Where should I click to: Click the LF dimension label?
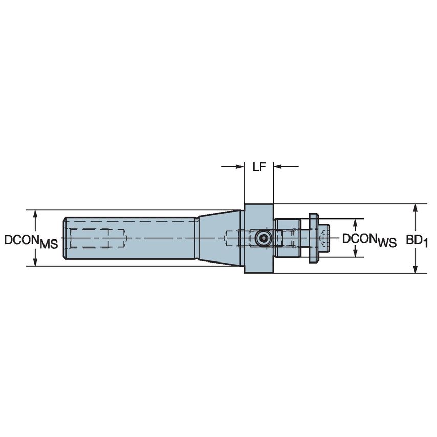tap(258, 167)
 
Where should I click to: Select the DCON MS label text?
tap(31, 241)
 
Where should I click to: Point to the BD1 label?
tap(417, 239)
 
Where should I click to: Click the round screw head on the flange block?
tap(263, 238)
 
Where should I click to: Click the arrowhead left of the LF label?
tap(238, 166)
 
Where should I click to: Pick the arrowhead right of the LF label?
tap(279, 166)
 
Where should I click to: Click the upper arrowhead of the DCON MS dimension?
tap(35, 214)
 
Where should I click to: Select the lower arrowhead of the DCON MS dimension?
tap(35, 261)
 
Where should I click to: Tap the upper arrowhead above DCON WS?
tap(355, 224)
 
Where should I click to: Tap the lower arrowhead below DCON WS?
tap(355, 252)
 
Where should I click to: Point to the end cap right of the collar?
tap(324, 238)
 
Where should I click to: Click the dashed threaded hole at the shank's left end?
tap(97, 238)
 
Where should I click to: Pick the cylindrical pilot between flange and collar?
tap(287, 238)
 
